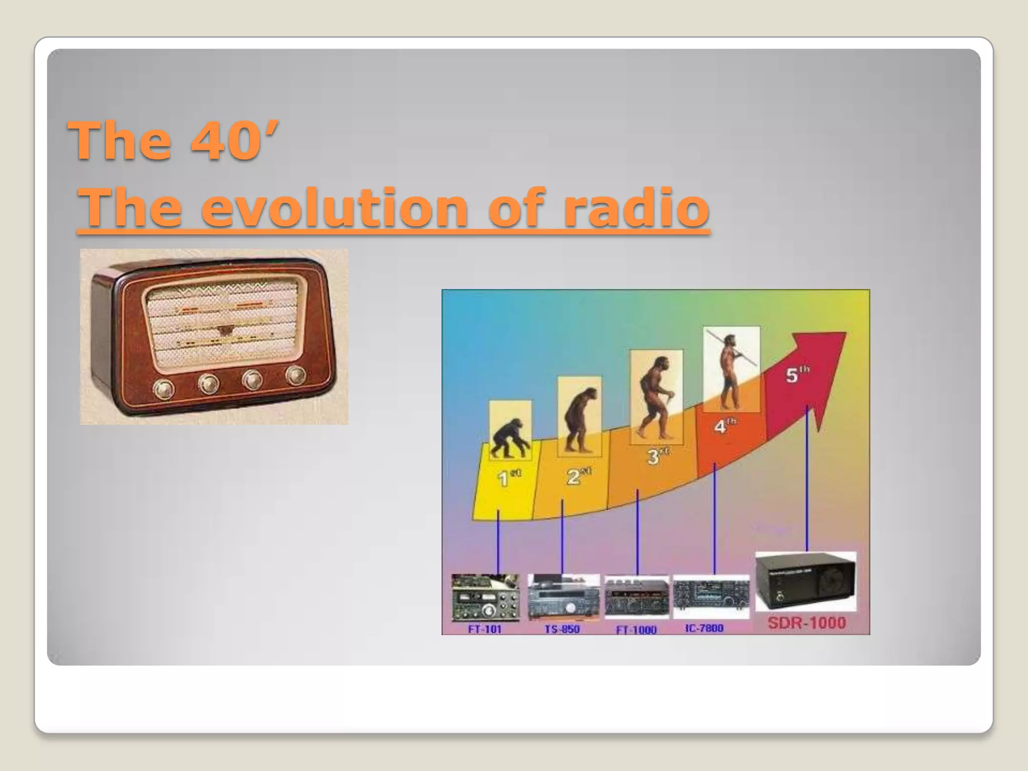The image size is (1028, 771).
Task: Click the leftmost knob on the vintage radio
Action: [164, 389]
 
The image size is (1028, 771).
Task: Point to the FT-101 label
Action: [485, 629]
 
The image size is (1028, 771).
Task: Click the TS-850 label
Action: [562, 629]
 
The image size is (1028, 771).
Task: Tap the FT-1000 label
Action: [636, 629]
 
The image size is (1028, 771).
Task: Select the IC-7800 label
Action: [704, 628]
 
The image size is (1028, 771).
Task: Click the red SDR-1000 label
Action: [807, 623]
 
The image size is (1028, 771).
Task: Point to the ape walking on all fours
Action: [509, 440]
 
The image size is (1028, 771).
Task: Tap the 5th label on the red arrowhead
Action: [797, 374]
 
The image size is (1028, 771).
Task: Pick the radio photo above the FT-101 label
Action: [485, 598]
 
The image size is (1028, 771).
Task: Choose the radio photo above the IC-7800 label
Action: [710, 597]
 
